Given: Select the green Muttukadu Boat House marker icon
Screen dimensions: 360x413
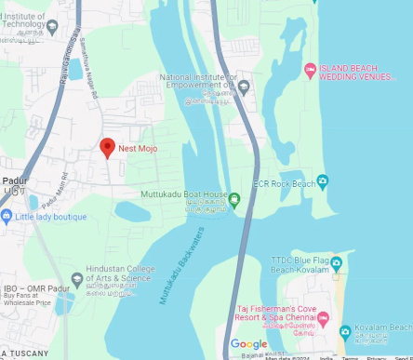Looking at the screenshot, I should [234, 198].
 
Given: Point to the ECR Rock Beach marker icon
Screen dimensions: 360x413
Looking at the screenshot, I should [322, 181].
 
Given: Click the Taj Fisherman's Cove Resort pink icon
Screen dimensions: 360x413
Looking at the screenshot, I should [323, 318].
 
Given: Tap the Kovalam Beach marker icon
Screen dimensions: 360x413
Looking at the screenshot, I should [344, 331].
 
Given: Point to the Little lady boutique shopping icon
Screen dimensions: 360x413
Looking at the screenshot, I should [7, 217].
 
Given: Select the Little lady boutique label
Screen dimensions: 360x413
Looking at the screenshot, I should [50, 217].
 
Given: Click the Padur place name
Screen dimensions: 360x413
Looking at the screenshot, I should [14, 182].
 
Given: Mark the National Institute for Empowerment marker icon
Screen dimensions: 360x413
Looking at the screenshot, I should [244, 87].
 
